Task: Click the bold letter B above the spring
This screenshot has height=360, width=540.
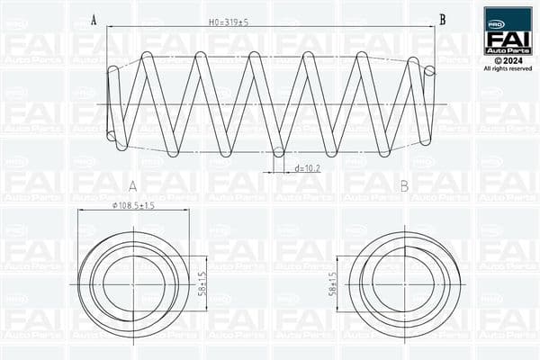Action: (442, 19)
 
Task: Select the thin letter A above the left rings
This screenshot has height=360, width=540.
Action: (133, 186)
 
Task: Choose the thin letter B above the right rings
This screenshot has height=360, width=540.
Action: (404, 186)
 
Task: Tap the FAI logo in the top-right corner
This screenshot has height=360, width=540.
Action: (508, 32)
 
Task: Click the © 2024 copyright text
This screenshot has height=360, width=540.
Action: (508, 60)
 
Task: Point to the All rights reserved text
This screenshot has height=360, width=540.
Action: (508, 68)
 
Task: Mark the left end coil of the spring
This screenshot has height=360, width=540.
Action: (112, 103)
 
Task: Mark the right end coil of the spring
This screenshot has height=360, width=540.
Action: (429, 103)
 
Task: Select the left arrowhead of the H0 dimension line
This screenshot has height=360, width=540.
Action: (109, 26)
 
